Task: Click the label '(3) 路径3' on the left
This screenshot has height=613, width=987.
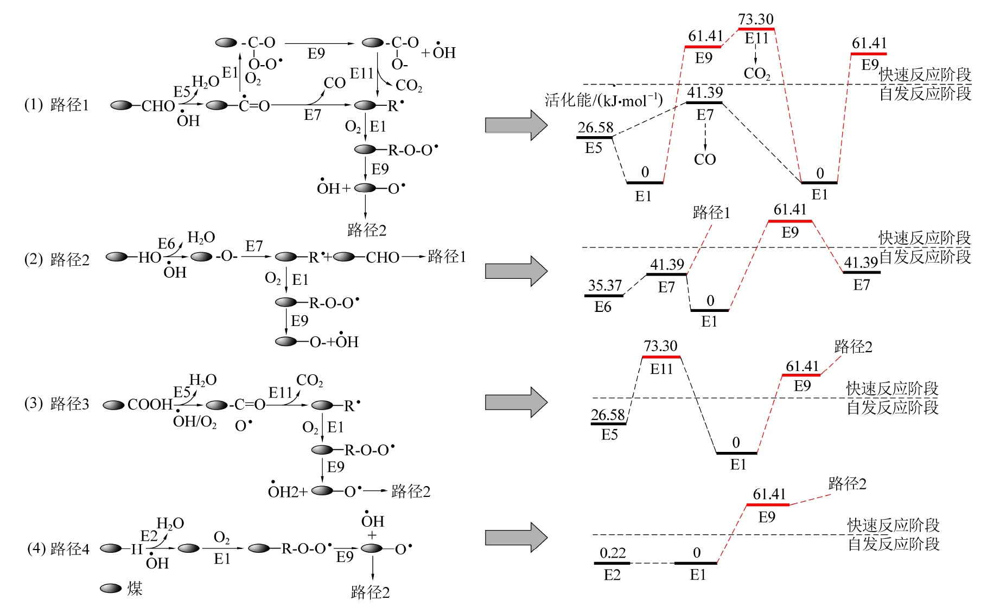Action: pyautogui.click(x=56, y=404)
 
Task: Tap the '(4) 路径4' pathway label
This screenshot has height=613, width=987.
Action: pyautogui.click(x=58, y=548)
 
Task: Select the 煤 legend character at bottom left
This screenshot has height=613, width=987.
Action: pyautogui.click(x=135, y=589)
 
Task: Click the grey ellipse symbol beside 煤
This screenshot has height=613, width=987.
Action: pyautogui.click(x=111, y=589)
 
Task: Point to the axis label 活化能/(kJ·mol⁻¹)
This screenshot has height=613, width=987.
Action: pyautogui.click(x=603, y=100)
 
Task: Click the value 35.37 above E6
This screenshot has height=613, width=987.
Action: pyautogui.click(x=604, y=285)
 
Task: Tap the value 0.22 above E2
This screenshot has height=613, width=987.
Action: pyautogui.click(x=613, y=553)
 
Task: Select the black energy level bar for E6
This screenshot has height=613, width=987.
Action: pyautogui.click(x=603, y=296)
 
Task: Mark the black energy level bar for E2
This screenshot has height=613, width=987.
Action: pyautogui.click(x=612, y=563)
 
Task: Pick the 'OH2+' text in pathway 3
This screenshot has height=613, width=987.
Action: pyautogui.click(x=288, y=491)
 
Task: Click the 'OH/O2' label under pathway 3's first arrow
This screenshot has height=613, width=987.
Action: pyautogui.click(x=194, y=422)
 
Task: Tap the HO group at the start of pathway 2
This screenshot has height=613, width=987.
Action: pyautogui.click(x=150, y=257)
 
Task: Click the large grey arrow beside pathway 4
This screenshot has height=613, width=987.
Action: pyautogui.click(x=516, y=538)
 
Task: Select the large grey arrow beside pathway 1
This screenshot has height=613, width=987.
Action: pyautogui.click(x=516, y=125)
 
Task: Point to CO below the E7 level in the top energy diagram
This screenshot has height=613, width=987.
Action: pyautogui.click(x=705, y=159)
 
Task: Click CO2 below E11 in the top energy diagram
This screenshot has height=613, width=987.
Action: pyautogui.click(x=756, y=73)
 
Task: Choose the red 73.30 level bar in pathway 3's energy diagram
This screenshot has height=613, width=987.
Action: pyautogui.click(x=661, y=357)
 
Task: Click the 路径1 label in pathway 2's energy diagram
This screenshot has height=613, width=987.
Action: pyautogui.click(x=711, y=213)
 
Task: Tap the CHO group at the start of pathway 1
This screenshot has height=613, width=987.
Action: pyautogui.click(x=158, y=106)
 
